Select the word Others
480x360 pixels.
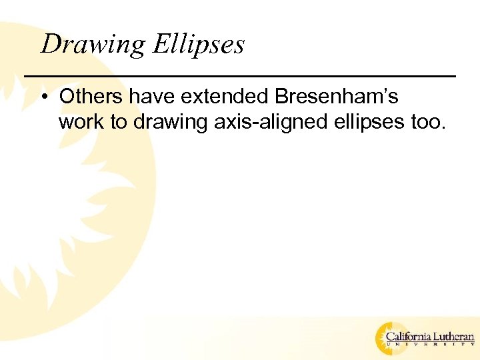(91, 97)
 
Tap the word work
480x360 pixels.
(78, 122)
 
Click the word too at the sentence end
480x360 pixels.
(426, 123)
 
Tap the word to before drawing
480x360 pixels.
(114, 123)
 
